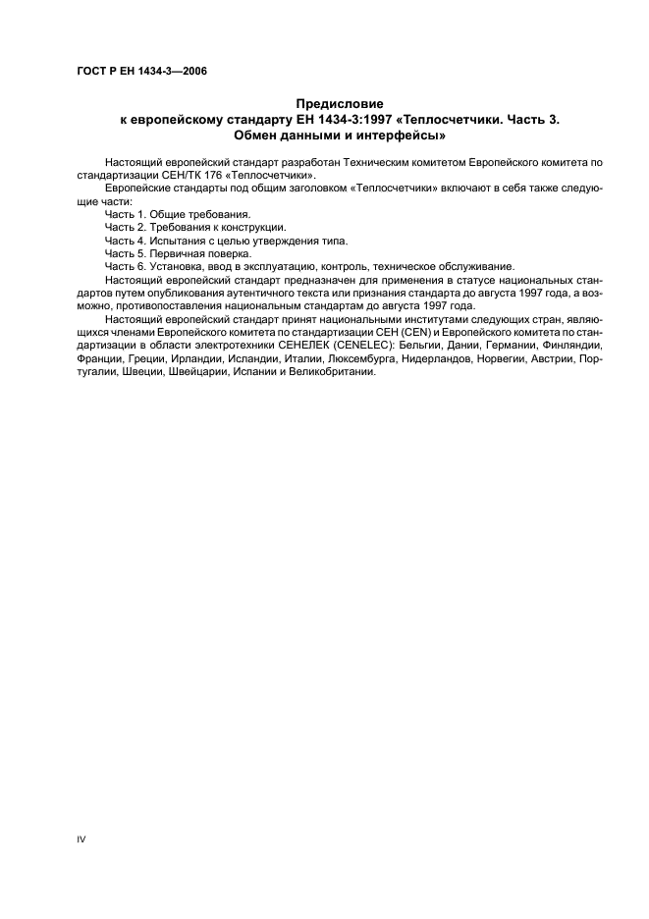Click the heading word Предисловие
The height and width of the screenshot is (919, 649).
pos(340,103)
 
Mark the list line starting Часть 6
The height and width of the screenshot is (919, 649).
pos(308,265)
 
